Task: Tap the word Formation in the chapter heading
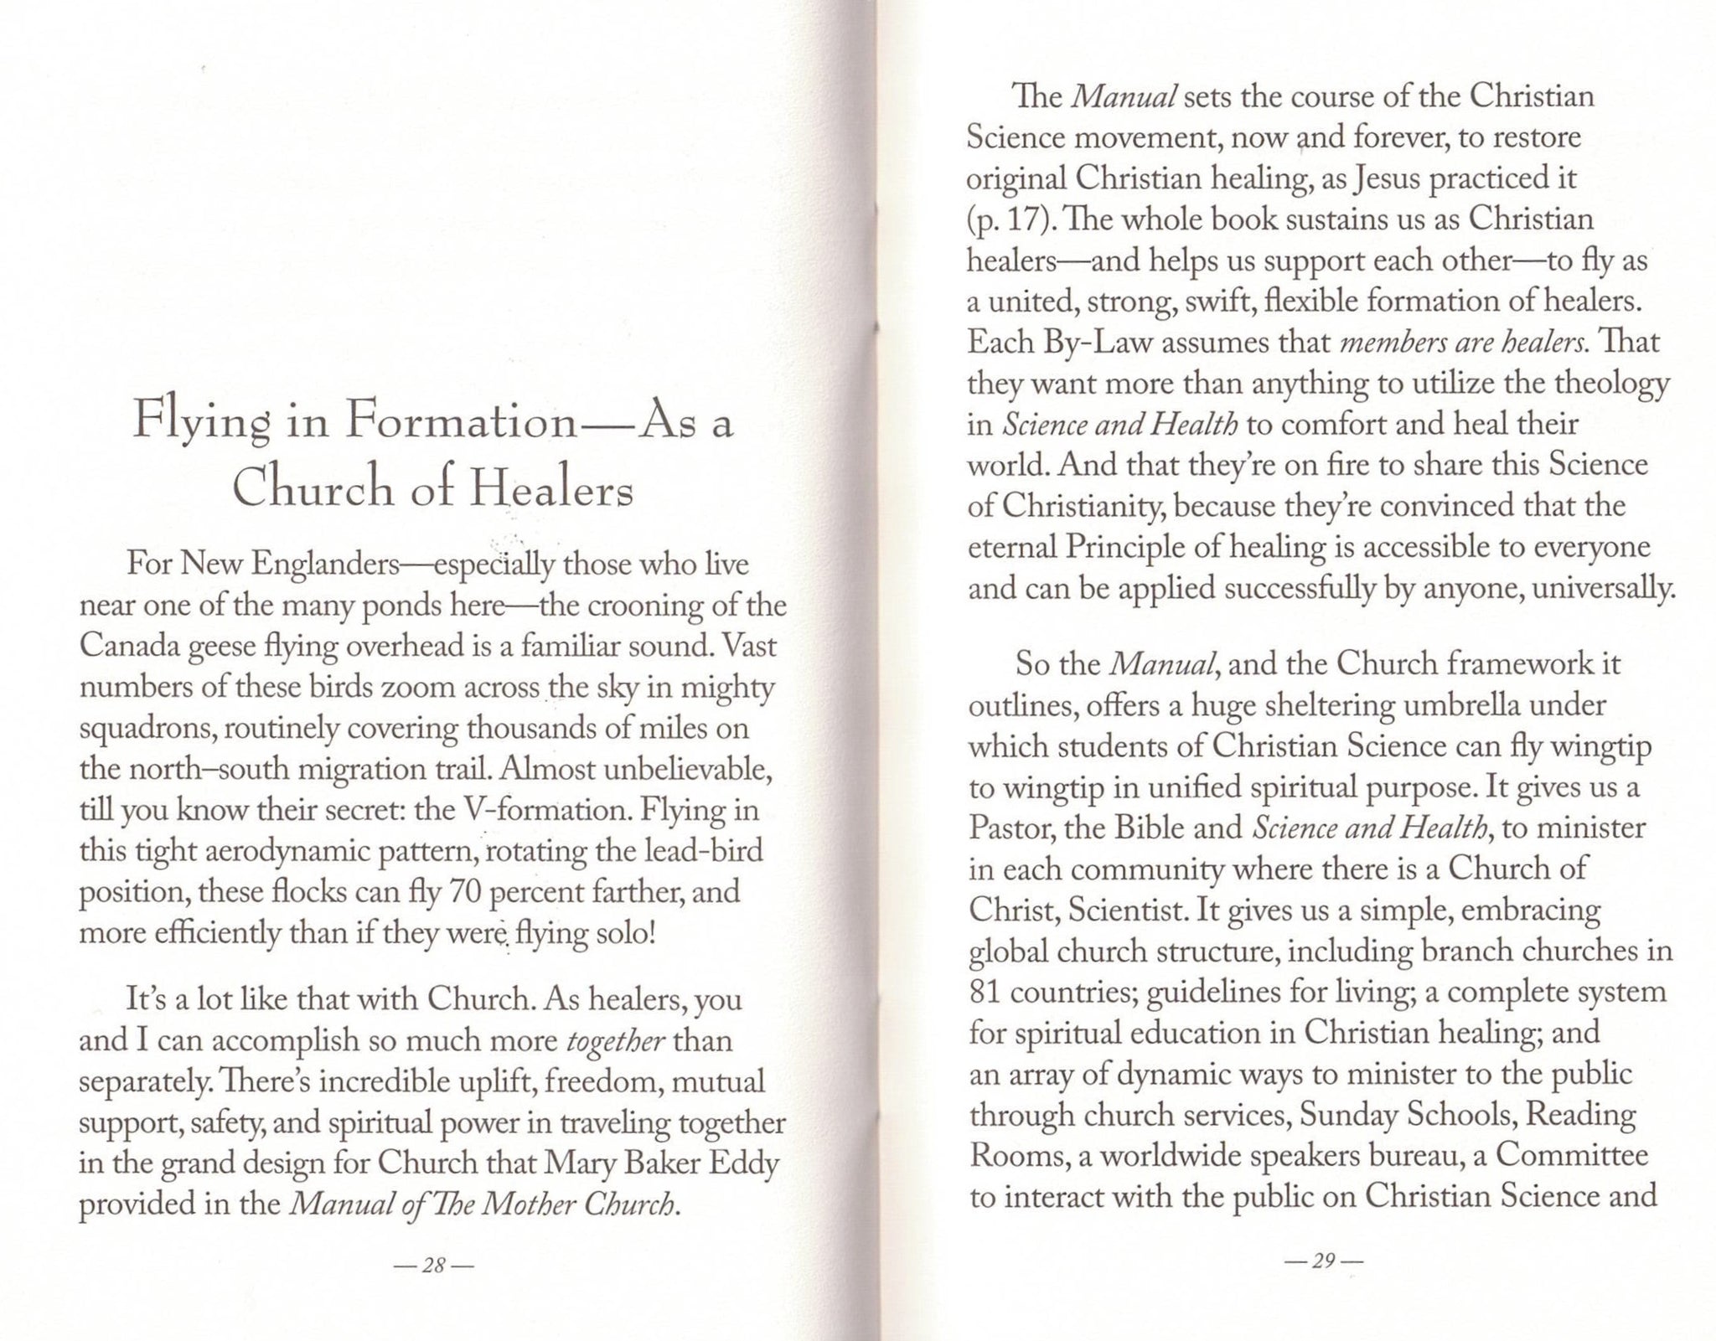461,422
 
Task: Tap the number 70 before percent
465,892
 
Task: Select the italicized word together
617,1041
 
